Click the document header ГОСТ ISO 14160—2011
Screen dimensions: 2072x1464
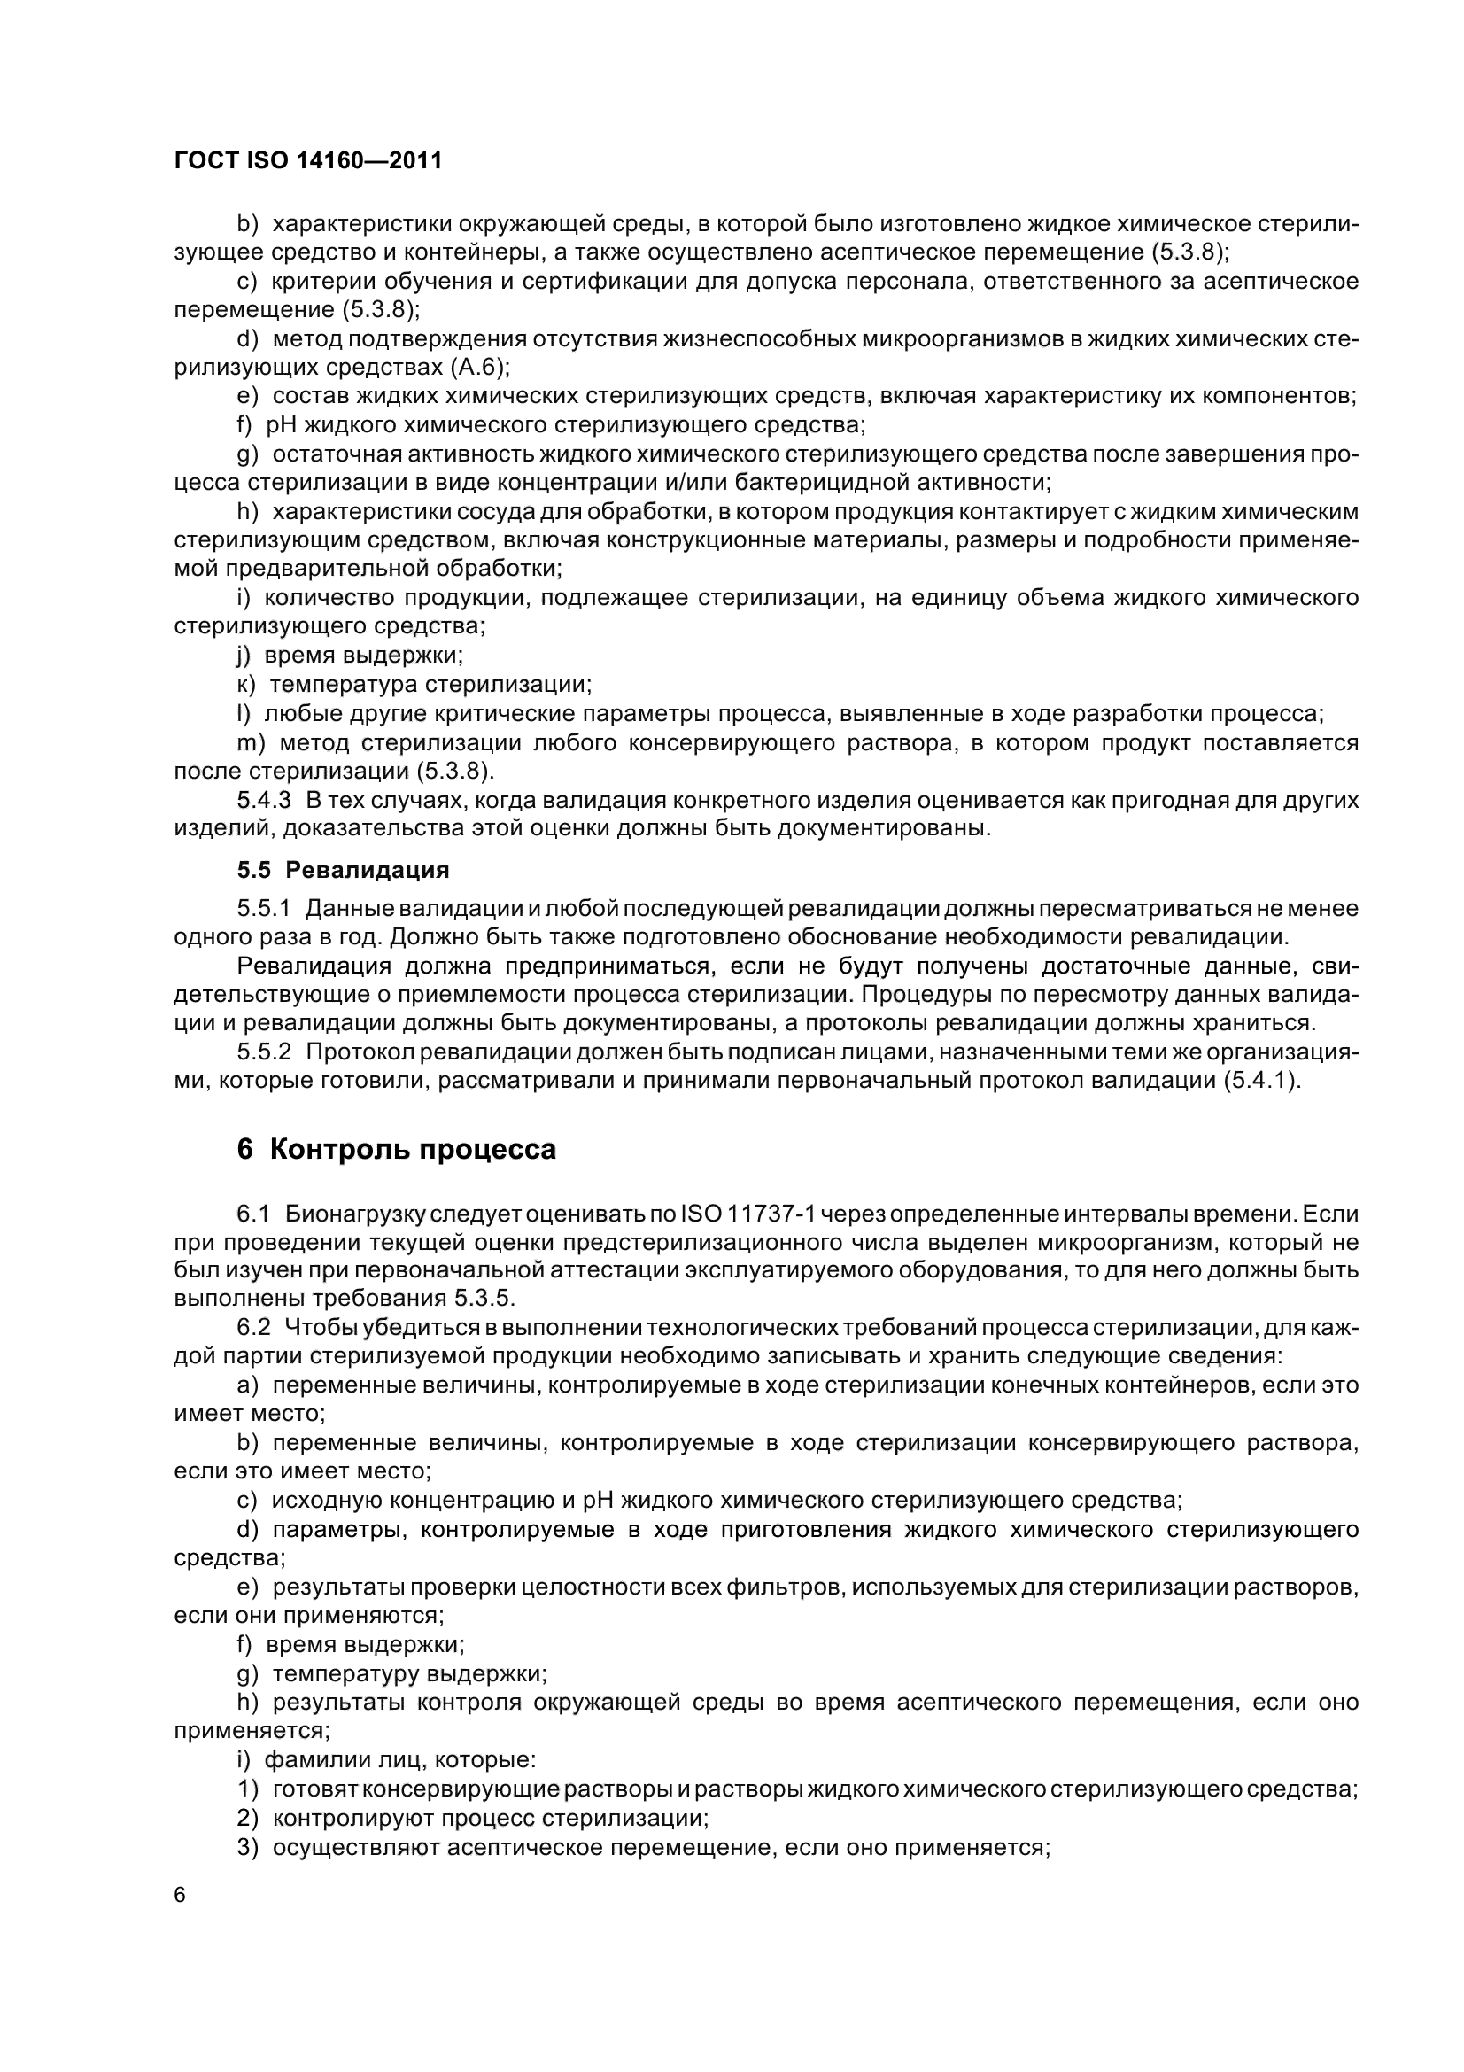click(x=307, y=161)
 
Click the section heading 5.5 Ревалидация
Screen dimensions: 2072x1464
click(x=343, y=870)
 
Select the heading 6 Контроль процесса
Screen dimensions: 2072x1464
click(x=397, y=1150)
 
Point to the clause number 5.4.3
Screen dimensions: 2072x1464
click(x=263, y=800)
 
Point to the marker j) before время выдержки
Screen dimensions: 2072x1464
click(x=244, y=656)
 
